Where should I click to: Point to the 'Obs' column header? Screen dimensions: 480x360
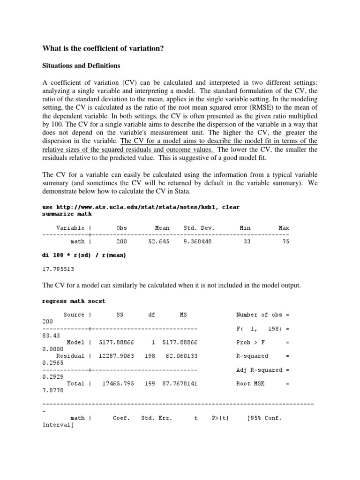121,228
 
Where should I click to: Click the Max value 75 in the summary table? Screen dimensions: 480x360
285,242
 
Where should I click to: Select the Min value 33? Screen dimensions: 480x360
245,242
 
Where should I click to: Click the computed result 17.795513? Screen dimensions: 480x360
59,270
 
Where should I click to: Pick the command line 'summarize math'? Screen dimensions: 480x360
67,214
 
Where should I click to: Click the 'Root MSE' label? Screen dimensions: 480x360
250,383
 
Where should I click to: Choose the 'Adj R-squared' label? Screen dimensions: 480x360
258,370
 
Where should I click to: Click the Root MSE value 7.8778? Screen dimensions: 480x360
52,390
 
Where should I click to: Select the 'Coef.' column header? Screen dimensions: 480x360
121,418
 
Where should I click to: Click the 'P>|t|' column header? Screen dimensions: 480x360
220,418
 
